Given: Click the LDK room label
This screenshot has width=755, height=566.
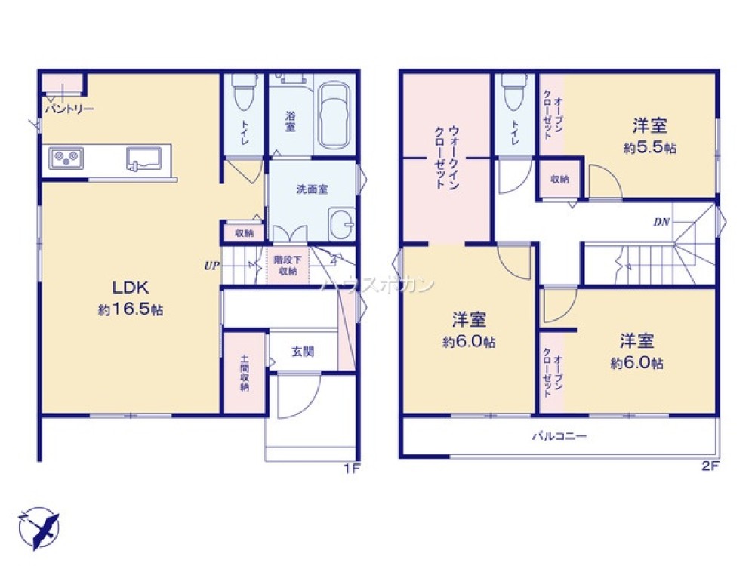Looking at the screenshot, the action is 131,288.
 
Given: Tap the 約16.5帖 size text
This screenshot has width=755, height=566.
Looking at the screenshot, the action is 131,309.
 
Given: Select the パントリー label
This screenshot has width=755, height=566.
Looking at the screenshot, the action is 69,109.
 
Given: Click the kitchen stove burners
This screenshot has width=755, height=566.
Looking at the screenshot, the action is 66,158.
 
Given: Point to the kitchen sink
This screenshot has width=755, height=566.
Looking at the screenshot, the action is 143,158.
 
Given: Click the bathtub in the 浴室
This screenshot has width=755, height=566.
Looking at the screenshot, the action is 334,115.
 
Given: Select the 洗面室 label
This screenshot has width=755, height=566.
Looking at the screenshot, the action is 312,189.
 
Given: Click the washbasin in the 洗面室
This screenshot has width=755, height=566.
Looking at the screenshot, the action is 342,223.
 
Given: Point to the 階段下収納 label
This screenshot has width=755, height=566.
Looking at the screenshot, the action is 288,266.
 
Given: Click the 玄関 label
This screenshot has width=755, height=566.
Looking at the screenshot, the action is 303,352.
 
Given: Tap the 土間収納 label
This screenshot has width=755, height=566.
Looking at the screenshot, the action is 245,373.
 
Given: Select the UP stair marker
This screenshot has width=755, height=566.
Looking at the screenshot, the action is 212,266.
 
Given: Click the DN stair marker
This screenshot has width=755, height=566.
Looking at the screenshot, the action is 661,223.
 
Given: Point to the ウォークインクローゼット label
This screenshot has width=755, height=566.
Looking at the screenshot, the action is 447,158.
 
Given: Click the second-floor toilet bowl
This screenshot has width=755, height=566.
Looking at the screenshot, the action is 513,92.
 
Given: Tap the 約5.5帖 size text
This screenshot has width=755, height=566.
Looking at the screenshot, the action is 649,147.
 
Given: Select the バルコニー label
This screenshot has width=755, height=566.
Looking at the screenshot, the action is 559,436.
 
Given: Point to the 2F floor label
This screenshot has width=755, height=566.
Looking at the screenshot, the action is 710,466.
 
